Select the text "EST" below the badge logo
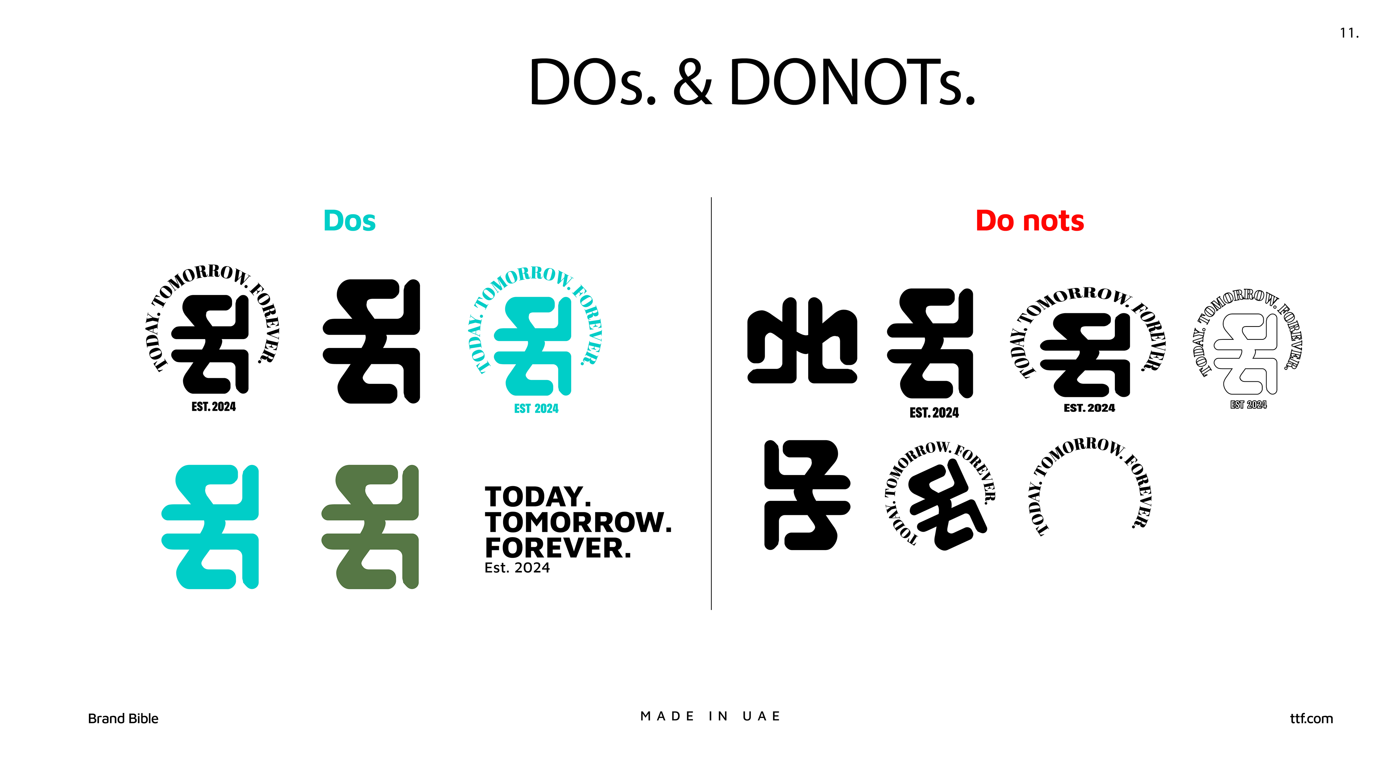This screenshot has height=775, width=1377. [522, 409]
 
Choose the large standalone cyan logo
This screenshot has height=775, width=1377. [210, 527]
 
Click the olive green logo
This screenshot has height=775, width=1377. [370, 527]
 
